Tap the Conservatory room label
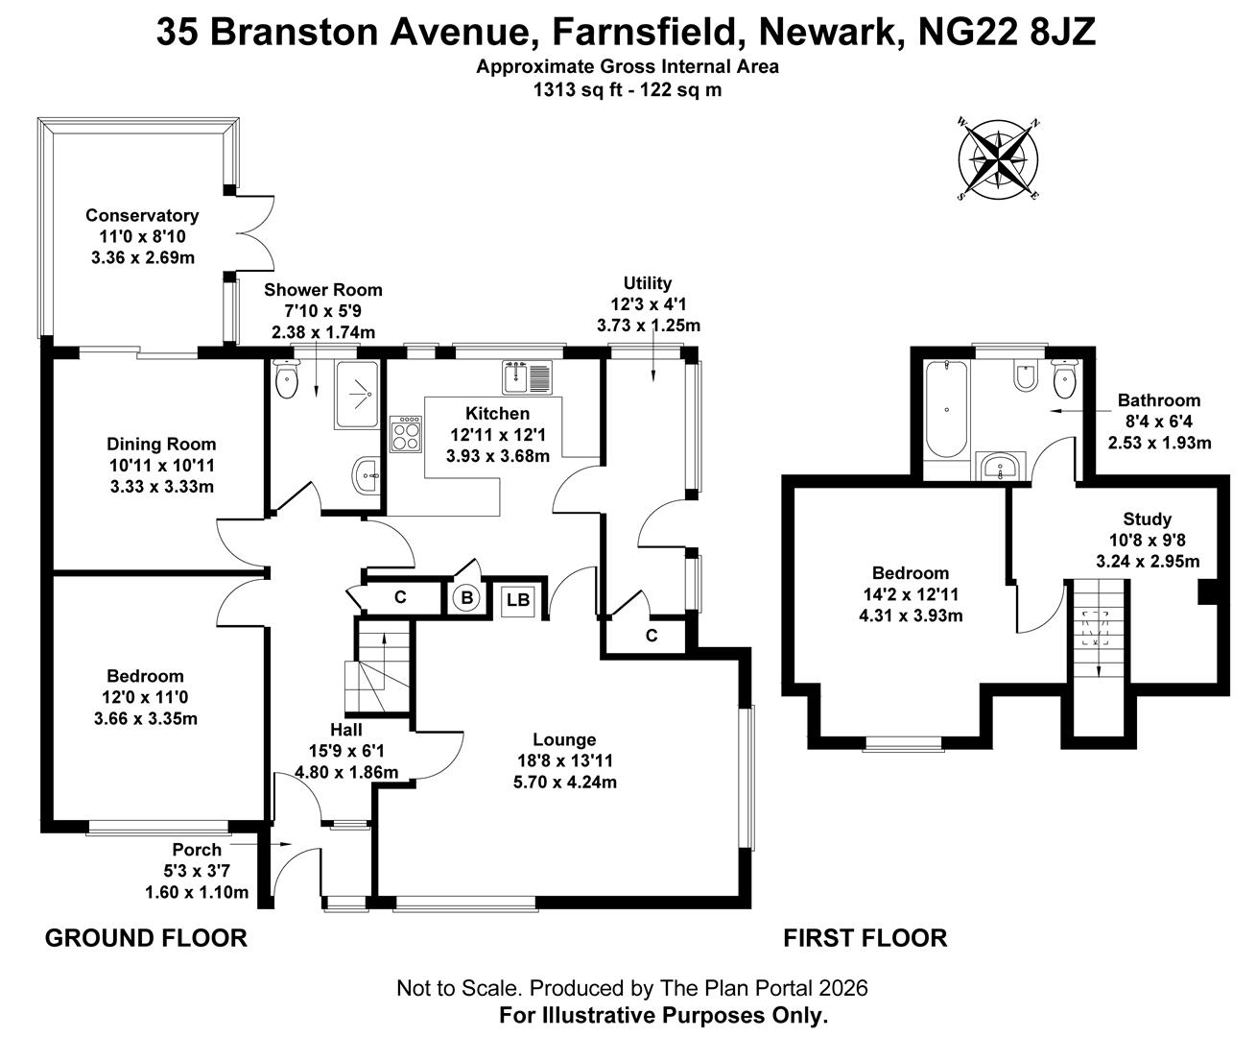(x=142, y=216)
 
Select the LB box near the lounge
(x=518, y=600)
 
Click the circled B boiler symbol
(x=467, y=598)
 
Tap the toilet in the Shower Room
(x=286, y=381)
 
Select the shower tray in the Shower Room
(x=357, y=394)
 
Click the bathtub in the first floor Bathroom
(x=947, y=410)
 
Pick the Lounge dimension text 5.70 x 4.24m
(x=565, y=782)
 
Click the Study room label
(x=1148, y=519)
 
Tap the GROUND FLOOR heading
(x=146, y=938)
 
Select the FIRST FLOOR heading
(x=865, y=938)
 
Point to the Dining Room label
(x=161, y=445)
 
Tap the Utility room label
(x=648, y=283)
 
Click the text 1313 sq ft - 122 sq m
(x=628, y=90)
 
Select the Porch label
(x=197, y=850)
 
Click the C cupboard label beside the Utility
(x=652, y=636)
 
